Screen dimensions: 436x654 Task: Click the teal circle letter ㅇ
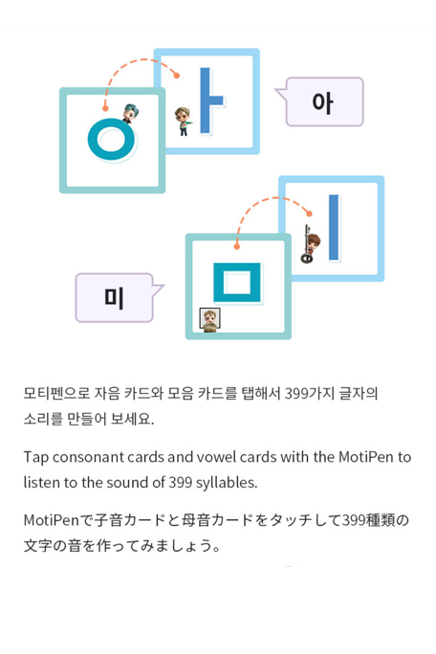(x=93, y=140)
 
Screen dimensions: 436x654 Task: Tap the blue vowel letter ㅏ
(x=206, y=101)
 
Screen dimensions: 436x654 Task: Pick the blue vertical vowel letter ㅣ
(x=334, y=228)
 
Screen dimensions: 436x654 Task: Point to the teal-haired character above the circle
(x=130, y=113)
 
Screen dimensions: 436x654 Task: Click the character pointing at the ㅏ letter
(x=184, y=121)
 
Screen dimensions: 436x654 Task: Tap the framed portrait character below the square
(x=209, y=320)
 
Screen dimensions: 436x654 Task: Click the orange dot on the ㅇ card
(x=105, y=108)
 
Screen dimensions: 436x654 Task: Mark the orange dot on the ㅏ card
(x=177, y=76)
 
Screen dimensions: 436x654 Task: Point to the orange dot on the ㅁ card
(x=237, y=247)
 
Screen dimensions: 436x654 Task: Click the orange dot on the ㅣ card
(x=309, y=213)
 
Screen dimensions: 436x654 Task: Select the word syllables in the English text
(x=227, y=483)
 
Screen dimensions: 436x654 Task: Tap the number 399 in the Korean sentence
(x=296, y=393)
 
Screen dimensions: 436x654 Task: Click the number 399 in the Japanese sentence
(x=354, y=520)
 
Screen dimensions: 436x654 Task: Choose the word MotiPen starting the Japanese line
(x=52, y=520)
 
